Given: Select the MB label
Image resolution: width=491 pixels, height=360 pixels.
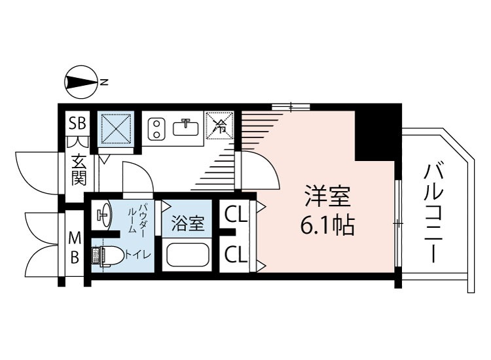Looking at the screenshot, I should point(75,247).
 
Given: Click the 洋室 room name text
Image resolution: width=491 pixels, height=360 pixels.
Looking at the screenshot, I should point(327,197).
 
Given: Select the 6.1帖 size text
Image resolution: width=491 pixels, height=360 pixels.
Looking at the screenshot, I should point(327,226).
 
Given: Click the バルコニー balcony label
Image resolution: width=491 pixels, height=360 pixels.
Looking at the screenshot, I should point(433,212).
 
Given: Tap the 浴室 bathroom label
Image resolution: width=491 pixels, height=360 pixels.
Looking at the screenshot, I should point(187,224).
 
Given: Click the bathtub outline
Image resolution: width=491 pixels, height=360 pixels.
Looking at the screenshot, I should point(187,255).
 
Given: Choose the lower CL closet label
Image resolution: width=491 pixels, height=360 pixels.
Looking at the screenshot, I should point(236,255).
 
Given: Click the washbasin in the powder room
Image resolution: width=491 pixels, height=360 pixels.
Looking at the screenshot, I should point(103,214).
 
